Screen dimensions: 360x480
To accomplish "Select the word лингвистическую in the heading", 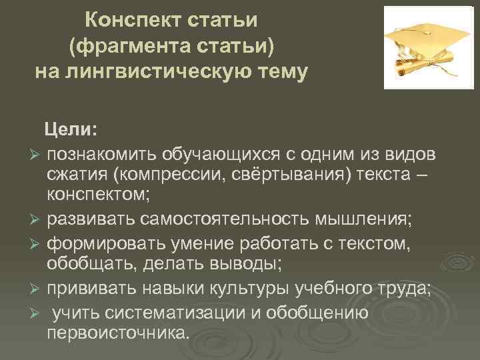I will pos(166,71).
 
